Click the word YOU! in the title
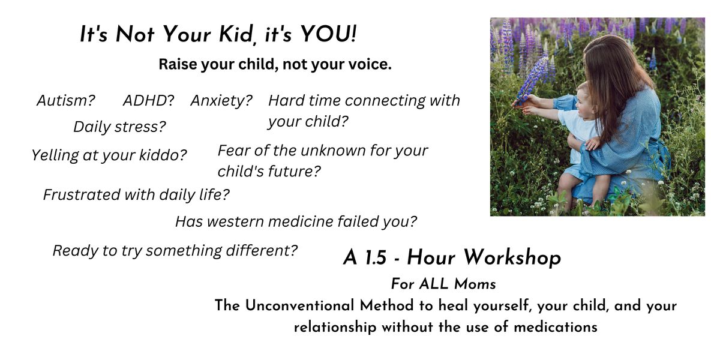[328, 34]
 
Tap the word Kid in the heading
[235, 35]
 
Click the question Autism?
[66, 100]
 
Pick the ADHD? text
[149, 100]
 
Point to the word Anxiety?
[221, 101]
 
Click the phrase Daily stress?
[119, 127]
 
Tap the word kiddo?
[163, 155]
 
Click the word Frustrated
[82, 194]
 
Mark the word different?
[262, 250]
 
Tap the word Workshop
[512, 258]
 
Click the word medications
[556, 327]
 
